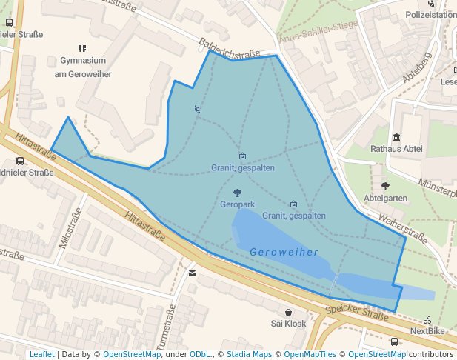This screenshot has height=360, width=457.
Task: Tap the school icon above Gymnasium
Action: [82, 48]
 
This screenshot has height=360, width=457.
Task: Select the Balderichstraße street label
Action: [230, 48]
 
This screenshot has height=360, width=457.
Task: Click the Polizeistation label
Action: [430, 14]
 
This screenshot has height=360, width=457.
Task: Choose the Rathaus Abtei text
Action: [396, 149]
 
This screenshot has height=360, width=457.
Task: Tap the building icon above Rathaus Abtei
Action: [397, 137]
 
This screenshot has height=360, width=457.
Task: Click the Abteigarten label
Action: [385, 198]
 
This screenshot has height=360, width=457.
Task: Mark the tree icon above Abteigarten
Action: [385, 186]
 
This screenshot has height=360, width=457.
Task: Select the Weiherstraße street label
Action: [403, 227]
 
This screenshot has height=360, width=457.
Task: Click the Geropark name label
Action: [238, 204]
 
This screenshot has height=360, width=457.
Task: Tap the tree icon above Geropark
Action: [237, 193]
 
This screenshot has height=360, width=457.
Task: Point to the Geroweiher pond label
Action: [284, 252]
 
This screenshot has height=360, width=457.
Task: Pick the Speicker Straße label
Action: [357, 310]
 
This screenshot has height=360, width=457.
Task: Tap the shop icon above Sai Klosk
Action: [288, 313]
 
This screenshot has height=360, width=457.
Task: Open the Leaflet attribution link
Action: [41, 354]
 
